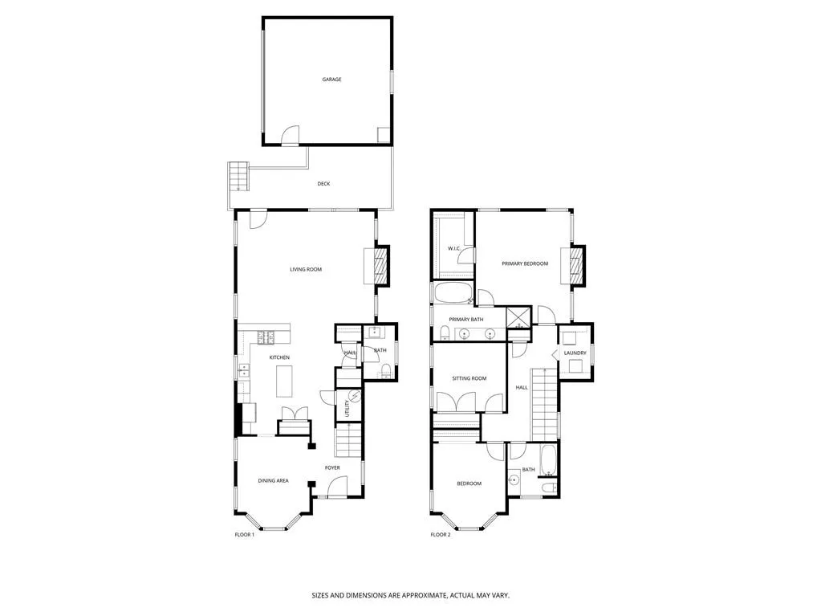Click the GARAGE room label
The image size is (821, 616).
331,80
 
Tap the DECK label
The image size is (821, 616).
323,184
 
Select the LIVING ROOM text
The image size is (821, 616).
306,269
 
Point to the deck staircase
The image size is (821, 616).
239,176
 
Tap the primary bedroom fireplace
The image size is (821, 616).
576,265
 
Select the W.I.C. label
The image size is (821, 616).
453,249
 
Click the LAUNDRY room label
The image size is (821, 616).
575,353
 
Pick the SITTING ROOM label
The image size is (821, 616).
469,378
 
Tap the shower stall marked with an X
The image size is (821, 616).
518,318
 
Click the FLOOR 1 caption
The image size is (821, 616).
244,535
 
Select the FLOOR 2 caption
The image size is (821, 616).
440,535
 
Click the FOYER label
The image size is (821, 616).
332,467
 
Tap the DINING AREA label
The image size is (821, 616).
273,481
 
